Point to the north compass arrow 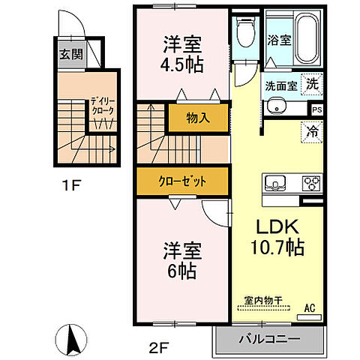point(73,341)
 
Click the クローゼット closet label point(182,181)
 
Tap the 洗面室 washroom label point(280,85)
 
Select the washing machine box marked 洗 point(312,84)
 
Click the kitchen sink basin point(274,182)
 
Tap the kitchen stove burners point(310,182)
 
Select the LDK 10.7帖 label point(277,235)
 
